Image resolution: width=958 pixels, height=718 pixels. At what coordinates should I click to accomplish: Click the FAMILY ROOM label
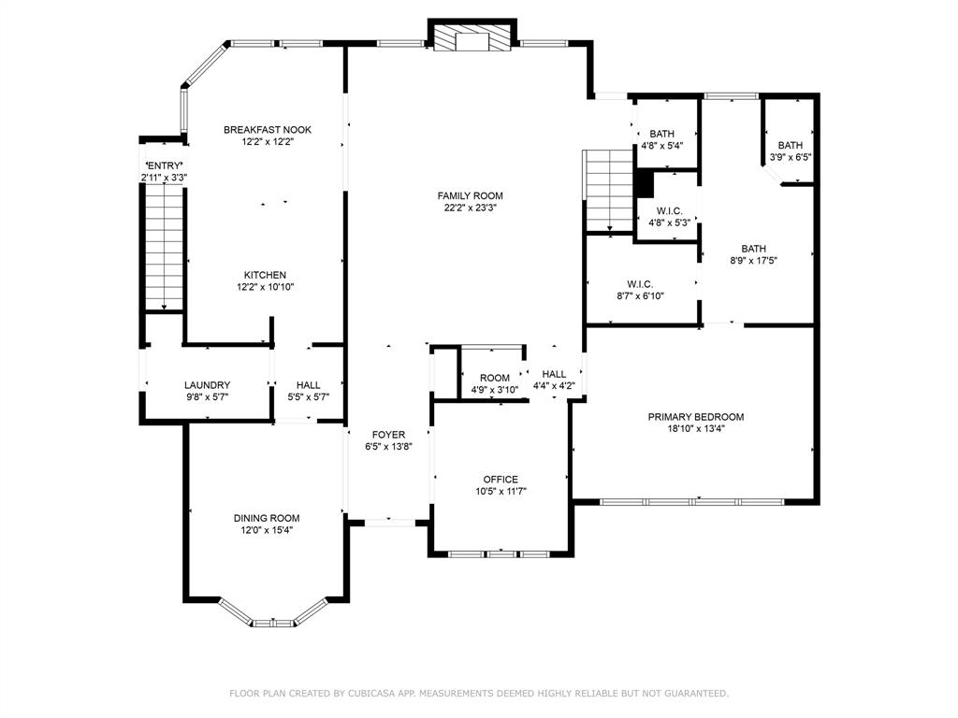pyautogui.click(x=470, y=196)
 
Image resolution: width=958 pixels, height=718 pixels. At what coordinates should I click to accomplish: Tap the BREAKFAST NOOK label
pyautogui.click(x=267, y=129)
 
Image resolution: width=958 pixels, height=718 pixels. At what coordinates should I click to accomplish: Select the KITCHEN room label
pyautogui.click(x=265, y=276)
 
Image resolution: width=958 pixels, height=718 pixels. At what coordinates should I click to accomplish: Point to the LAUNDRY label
pyautogui.click(x=207, y=385)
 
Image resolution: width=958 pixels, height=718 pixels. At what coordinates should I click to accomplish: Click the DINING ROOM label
pyautogui.click(x=267, y=518)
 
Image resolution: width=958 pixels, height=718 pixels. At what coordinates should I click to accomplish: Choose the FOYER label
pyautogui.click(x=388, y=435)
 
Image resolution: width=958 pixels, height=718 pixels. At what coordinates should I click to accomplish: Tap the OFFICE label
pyautogui.click(x=501, y=480)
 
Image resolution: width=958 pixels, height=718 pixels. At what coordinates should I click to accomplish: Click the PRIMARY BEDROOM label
pyautogui.click(x=696, y=417)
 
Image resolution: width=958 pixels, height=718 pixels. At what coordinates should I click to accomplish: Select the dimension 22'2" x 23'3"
pyautogui.click(x=470, y=208)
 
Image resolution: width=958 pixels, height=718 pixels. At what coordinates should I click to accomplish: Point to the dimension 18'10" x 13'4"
pyautogui.click(x=696, y=428)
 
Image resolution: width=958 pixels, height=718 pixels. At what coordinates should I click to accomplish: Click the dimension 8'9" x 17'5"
pyautogui.click(x=753, y=261)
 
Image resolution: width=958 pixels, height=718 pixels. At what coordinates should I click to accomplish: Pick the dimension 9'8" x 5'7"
pyautogui.click(x=207, y=396)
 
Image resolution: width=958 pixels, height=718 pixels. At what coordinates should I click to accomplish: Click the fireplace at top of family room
pyautogui.click(x=472, y=37)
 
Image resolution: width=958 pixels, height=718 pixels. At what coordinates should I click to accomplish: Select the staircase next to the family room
pyautogui.click(x=608, y=191)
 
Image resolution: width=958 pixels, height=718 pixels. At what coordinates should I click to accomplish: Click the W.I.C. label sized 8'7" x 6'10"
pyautogui.click(x=640, y=284)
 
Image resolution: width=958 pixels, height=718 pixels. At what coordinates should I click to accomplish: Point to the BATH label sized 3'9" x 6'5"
pyautogui.click(x=790, y=145)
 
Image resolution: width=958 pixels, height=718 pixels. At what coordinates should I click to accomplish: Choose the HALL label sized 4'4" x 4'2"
pyautogui.click(x=554, y=374)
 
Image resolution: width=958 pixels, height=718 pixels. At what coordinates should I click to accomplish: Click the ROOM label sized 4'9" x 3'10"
pyautogui.click(x=494, y=378)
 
